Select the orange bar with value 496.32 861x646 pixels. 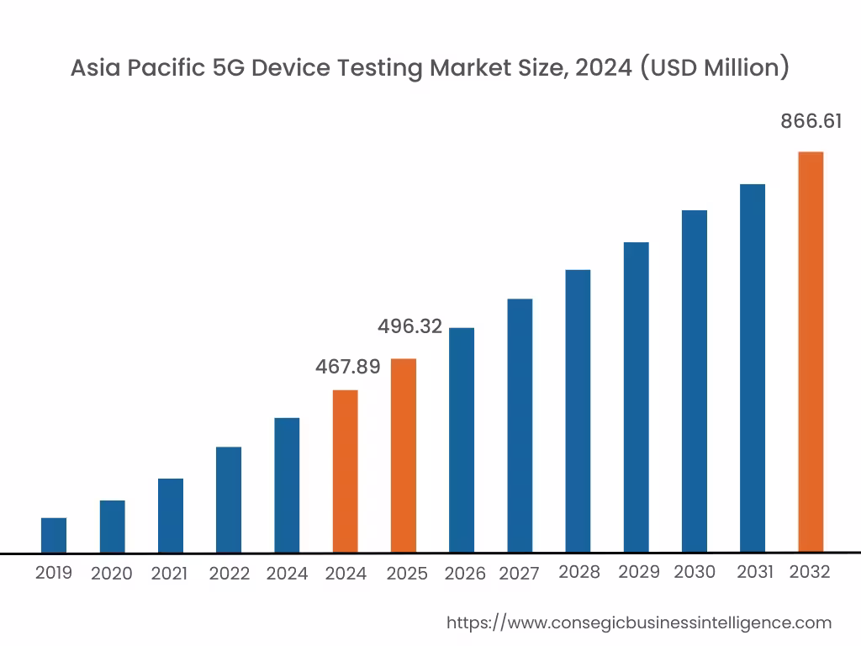(x=404, y=455)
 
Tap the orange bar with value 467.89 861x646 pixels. (x=346, y=471)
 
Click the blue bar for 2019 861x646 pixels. (x=54, y=535)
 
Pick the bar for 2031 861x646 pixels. (x=753, y=368)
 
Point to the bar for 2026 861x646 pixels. (x=462, y=439)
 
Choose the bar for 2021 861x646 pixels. (x=171, y=515)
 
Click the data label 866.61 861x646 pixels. (x=811, y=121)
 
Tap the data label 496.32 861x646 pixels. (x=409, y=326)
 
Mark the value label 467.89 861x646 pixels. (x=347, y=367)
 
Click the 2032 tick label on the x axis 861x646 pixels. (x=811, y=573)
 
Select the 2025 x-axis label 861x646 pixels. (x=407, y=574)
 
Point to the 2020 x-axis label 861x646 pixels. (x=112, y=574)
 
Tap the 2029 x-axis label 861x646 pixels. (x=639, y=572)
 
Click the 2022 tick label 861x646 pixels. (x=230, y=574)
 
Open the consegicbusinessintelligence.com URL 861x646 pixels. (x=638, y=622)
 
